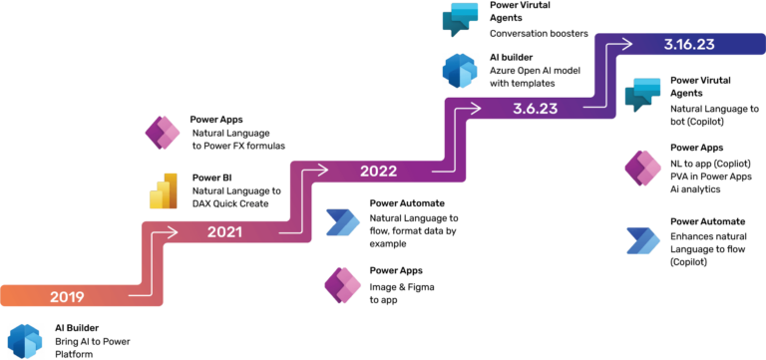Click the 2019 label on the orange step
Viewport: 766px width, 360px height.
pyautogui.click(x=65, y=296)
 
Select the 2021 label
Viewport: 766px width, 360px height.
pyautogui.click(x=224, y=232)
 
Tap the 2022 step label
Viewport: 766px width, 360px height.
pyautogui.click(x=378, y=171)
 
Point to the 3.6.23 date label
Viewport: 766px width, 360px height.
pyautogui.click(x=535, y=109)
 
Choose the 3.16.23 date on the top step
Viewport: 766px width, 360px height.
pyautogui.click(x=688, y=44)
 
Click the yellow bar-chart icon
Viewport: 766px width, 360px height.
pyautogui.click(x=163, y=190)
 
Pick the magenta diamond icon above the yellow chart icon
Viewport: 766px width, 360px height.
pyautogui.click(x=162, y=133)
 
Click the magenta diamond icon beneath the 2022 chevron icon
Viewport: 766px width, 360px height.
pyautogui.click(x=342, y=285)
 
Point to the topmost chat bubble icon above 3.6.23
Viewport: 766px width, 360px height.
pyautogui.click(x=460, y=19)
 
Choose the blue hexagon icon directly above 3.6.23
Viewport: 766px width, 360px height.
pyautogui.click(x=460, y=72)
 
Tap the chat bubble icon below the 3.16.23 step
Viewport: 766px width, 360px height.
pyautogui.click(x=642, y=95)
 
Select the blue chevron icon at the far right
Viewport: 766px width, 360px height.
pyautogui.click(x=643, y=242)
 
